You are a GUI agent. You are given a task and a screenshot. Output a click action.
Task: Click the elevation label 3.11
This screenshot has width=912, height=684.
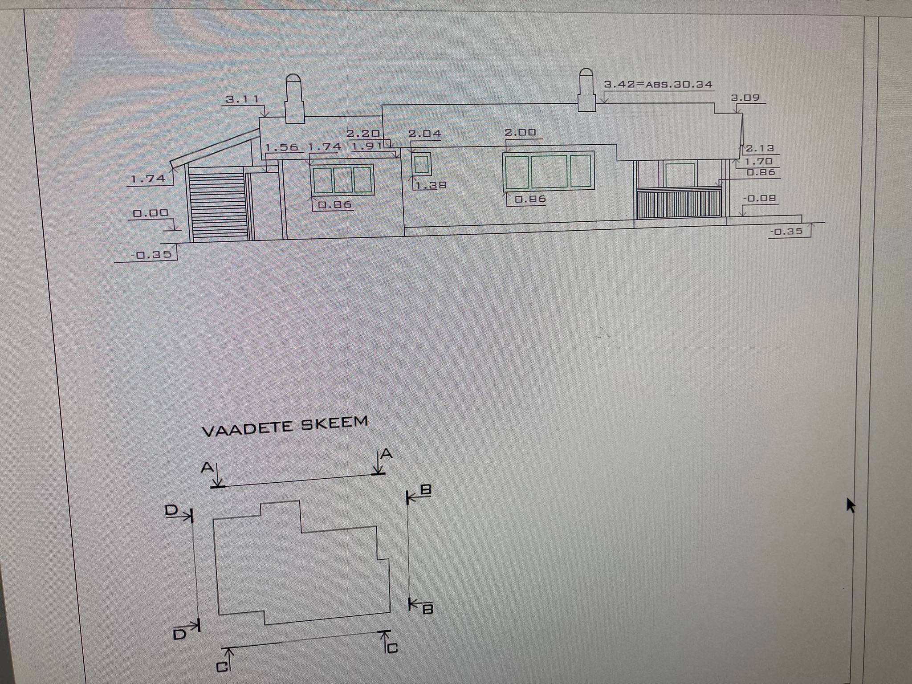[x=243, y=99]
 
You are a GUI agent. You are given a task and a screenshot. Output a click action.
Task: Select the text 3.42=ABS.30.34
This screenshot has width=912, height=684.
[x=658, y=84]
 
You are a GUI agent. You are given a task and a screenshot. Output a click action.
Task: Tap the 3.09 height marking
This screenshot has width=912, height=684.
[x=745, y=98]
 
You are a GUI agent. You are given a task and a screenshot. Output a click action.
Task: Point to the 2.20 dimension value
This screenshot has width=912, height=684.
[x=363, y=133]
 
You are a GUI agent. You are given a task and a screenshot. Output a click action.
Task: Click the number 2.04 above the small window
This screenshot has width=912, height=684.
[x=425, y=134]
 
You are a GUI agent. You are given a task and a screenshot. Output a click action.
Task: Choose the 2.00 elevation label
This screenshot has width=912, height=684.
[x=520, y=132]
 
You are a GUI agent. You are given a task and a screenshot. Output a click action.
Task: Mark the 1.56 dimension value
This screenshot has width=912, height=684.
[x=282, y=147]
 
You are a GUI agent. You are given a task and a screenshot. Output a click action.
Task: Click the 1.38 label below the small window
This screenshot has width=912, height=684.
[x=431, y=185]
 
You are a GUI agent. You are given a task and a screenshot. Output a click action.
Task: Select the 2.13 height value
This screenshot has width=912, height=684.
[x=760, y=148]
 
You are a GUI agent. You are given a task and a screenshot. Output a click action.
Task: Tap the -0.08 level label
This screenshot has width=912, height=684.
[x=760, y=198]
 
